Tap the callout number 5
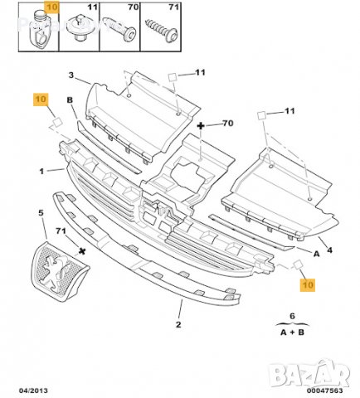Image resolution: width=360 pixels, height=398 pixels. [x=41, y=213]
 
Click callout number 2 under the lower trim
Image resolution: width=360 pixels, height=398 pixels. [x=177, y=326]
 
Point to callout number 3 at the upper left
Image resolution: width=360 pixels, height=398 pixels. [x=71, y=75]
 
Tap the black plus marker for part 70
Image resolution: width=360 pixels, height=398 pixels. [x=202, y=125]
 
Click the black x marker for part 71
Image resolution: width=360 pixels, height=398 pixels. [x=80, y=247]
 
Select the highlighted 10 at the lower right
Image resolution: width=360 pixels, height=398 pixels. [x=308, y=284]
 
